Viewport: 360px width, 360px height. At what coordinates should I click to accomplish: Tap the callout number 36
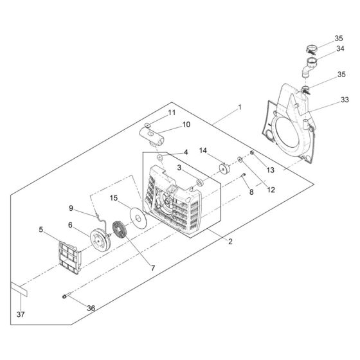(91, 309)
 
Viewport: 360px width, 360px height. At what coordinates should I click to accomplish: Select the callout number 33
(345, 100)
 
